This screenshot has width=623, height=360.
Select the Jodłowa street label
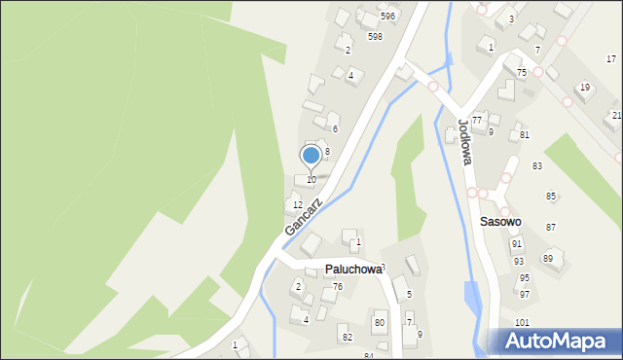(463, 142)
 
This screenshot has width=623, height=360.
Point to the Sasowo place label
(500, 222)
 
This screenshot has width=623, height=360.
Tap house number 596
(387, 17)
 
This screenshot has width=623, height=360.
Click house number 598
(375, 36)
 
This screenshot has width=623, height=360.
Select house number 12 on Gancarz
(298, 205)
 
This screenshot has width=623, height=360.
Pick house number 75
(522, 73)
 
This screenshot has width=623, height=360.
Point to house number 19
(584, 88)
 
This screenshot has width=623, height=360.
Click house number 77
(477, 120)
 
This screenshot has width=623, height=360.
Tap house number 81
(524, 134)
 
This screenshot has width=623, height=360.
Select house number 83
(537, 166)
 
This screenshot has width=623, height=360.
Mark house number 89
(548, 258)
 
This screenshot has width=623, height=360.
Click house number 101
(523, 322)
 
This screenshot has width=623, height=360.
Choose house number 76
(338, 286)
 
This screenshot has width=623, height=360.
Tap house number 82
(346, 337)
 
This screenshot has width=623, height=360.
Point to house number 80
(380, 322)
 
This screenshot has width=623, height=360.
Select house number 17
(610, 59)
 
